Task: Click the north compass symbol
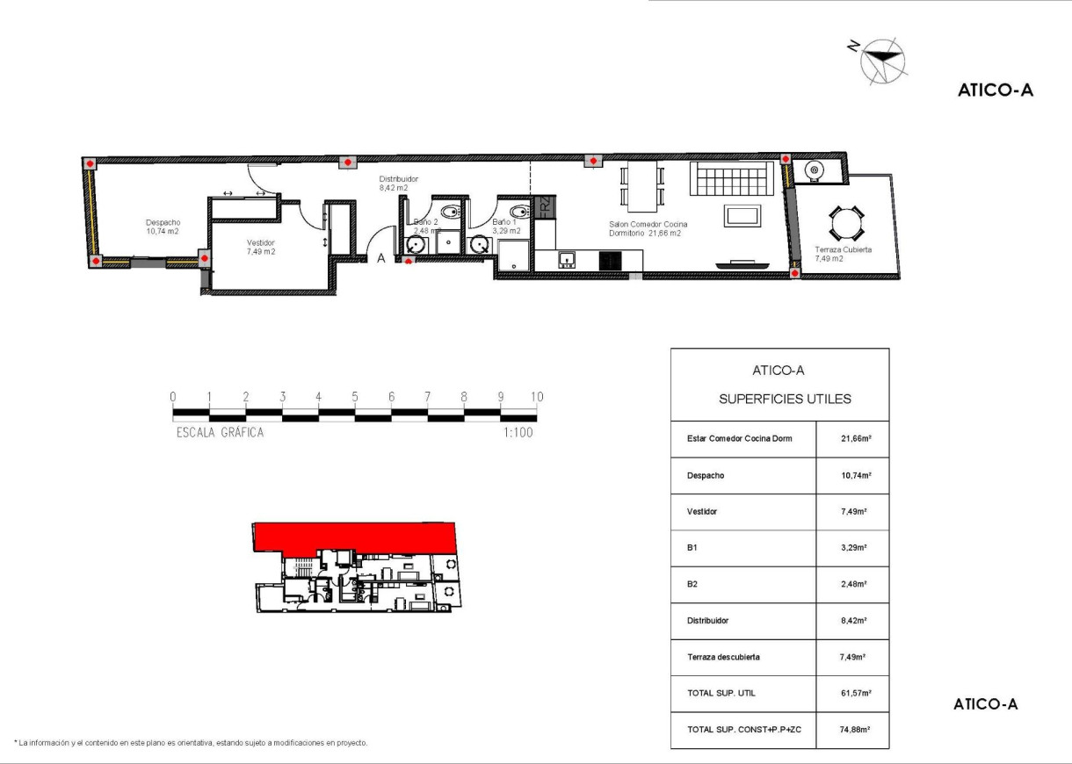882,59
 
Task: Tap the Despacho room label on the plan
163,227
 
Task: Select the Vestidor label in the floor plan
260,247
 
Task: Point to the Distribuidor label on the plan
393,183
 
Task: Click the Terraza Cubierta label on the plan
842,254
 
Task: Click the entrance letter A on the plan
381,258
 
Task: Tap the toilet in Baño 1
518,211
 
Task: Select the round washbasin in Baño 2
415,244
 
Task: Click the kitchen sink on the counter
567,259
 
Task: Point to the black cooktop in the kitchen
611,260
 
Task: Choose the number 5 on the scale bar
355,396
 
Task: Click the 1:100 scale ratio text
518,432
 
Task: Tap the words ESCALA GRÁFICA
220,432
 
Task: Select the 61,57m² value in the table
854,693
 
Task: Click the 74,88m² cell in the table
854,729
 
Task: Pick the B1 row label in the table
693,547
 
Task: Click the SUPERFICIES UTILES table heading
785,399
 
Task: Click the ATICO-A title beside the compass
995,90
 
